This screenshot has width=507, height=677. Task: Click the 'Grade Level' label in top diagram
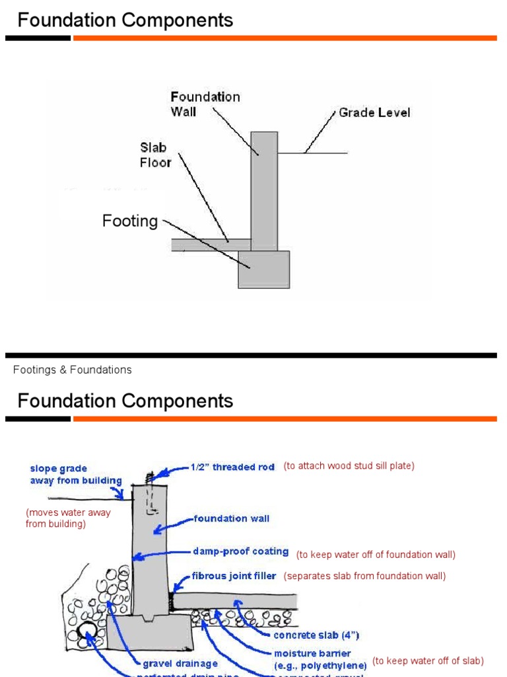coord(374,113)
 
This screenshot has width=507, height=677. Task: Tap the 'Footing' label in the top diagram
coord(130,221)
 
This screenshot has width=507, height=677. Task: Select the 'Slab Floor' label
coord(156,155)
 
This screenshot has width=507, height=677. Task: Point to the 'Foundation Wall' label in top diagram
coord(205,104)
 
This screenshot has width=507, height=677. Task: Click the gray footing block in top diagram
coord(263,269)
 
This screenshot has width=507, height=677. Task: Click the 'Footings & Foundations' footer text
coord(73,370)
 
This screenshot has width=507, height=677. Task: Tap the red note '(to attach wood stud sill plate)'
coord(349,466)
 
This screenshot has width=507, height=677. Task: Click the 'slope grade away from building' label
coord(75,475)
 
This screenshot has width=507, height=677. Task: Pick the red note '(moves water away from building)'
coord(68,518)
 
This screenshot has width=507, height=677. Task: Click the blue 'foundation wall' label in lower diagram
coord(231,519)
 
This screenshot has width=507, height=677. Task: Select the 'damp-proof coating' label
coord(240,551)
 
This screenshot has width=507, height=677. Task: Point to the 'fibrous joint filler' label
coord(234,576)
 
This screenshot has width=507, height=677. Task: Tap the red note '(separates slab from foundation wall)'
coord(364,576)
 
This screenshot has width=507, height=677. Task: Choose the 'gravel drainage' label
coord(180,662)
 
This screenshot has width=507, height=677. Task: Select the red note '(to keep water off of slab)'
coord(428,660)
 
